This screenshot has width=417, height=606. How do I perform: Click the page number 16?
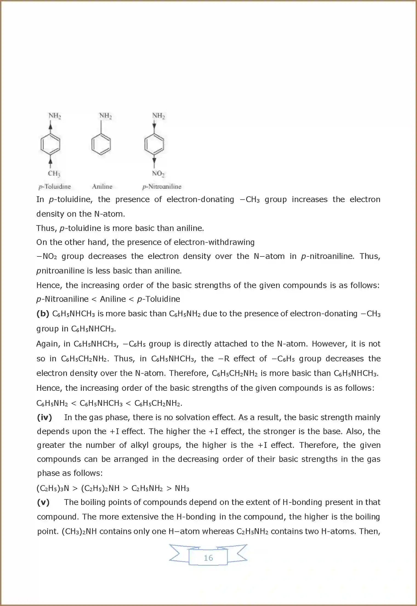coord(208,558)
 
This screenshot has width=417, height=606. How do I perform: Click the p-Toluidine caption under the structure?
coord(55,187)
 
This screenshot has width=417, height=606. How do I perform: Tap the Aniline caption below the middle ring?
coord(102,187)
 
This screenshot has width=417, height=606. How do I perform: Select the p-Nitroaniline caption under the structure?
coord(162,187)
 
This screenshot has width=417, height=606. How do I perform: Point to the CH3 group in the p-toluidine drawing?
coord(54,173)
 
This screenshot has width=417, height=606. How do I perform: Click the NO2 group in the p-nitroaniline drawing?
coord(158,173)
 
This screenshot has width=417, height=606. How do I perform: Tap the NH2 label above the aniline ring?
coord(105,116)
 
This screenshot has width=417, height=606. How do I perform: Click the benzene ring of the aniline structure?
coord(101,144)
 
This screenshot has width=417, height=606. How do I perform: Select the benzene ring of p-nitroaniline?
coord(154,144)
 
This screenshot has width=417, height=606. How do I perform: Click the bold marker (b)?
coord(42,314)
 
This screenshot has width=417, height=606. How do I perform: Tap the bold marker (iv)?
coord(44,417)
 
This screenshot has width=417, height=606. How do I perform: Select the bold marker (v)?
coord(43,502)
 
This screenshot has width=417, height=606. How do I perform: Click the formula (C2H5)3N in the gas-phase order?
coord(53,488)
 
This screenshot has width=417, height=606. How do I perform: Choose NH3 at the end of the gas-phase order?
coord(182,488)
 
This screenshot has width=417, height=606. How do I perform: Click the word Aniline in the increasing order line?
coord(113,299)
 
